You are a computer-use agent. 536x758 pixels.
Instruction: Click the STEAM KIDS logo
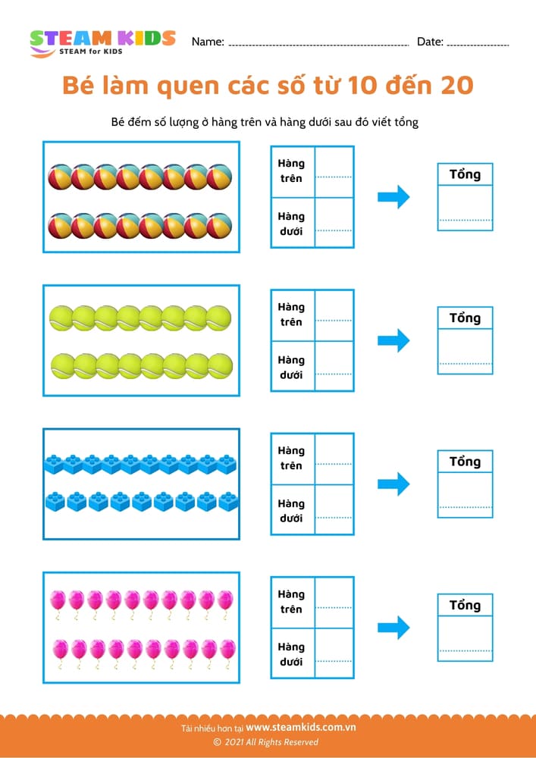[102, 42]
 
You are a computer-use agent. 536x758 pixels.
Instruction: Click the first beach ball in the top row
[60, 177]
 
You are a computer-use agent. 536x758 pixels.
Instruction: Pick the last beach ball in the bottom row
[220, 226]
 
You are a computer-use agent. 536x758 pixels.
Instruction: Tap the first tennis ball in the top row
[61, 318]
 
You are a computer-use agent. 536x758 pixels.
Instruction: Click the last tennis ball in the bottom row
[220, 366]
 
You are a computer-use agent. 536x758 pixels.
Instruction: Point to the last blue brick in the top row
[227, 464]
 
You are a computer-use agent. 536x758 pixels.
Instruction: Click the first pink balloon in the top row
[57, 601]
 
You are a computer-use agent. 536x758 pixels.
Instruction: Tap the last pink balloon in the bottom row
[227, 650]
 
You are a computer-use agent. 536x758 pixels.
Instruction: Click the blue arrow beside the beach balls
[393, 198]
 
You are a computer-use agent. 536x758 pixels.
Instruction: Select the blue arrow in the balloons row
[393, 628]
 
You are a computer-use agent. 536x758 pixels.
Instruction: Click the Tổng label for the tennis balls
[465, 318]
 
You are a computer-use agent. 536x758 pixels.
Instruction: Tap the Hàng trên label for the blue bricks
[291, 458]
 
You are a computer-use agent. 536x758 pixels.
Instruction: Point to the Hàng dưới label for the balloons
[291, 654]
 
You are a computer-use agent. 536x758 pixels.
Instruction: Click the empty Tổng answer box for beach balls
[465, 207]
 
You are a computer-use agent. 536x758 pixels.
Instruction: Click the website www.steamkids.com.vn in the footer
[301, 727]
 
